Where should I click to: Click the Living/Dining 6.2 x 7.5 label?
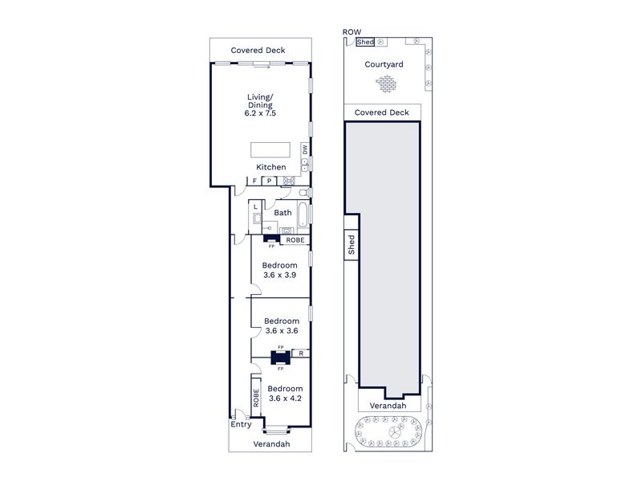260,105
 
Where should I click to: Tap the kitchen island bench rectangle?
270,149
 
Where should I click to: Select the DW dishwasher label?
305,150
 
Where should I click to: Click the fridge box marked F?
254,181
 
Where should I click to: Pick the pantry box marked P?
270,181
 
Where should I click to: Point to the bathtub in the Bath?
303,214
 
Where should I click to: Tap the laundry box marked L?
255,206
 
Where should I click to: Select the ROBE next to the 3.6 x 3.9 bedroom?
295,239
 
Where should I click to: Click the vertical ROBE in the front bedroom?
256,398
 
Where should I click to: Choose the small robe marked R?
301,353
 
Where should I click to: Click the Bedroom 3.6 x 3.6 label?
282,326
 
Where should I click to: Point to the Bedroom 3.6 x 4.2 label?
285,394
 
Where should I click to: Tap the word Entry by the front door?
241,424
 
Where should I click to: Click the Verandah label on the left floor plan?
271,444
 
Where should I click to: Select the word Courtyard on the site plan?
384,64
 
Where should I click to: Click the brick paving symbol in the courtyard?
386,84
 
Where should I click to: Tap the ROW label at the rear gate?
351,32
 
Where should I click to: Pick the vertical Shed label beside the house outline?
351,245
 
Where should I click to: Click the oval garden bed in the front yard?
388,431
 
